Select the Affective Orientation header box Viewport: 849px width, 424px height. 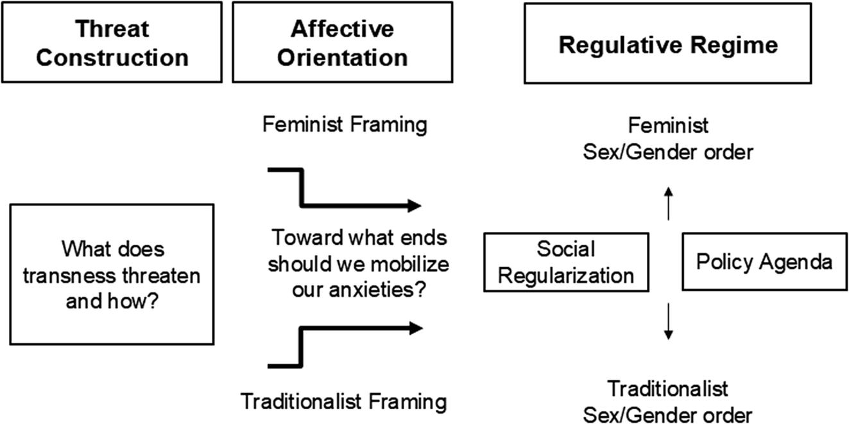coord(342,42)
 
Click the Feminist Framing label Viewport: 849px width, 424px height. coord(345,124)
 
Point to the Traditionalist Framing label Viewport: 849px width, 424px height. coord(343,402)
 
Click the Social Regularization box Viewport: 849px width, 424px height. coord(566,262)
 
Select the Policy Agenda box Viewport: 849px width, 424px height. coord(764,261)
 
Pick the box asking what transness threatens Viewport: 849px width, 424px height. coord(112,274)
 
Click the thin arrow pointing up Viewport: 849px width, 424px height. coord(669,203)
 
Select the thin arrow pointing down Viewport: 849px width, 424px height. coord(669,321)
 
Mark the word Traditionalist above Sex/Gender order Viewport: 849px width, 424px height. coord(668,388)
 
